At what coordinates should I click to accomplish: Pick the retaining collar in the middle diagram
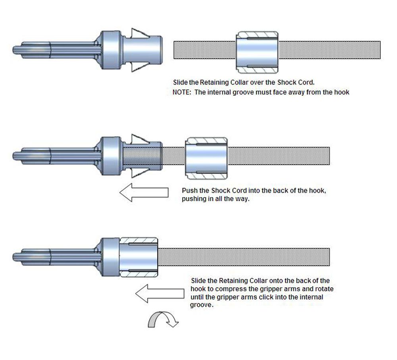click(x=207, y=158)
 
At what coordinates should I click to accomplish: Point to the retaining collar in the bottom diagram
click(x=139, y=259)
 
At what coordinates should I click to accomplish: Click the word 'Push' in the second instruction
click(x=189, y=190)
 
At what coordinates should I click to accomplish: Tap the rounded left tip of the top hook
click(x=15, y=50)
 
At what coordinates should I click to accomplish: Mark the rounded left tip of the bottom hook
click(x=15, y=257)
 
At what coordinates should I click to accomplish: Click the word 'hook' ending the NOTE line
click(x=343, y=92)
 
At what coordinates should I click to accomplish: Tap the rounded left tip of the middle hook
click(x=15, y=155)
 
